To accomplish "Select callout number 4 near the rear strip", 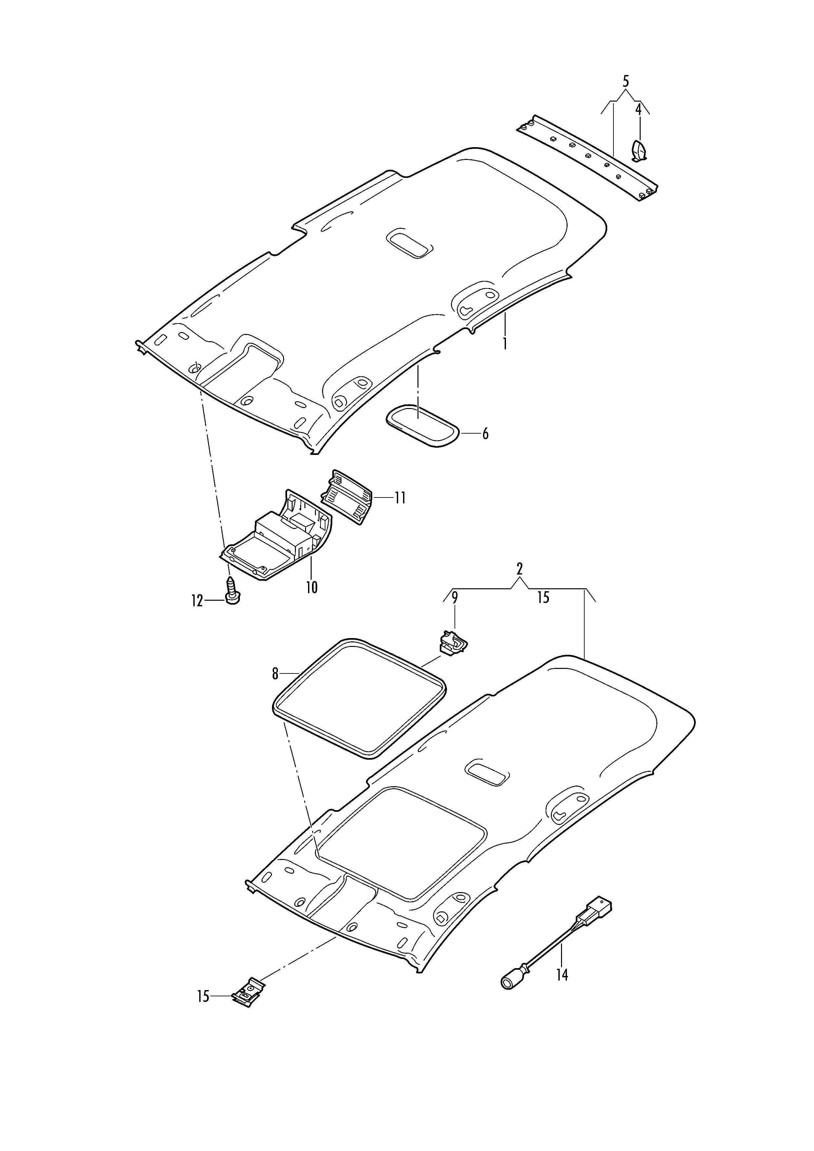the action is (x=639, y=109).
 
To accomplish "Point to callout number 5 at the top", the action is (x=626, y=81).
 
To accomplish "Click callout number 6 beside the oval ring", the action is (x=485, y=434).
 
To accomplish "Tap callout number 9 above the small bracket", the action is (x=455, y=597).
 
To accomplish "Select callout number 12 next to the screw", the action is (x=197, y=600).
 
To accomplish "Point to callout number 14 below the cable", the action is (x=562, y=975).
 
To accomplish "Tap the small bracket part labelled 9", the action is (x=453, y=642).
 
